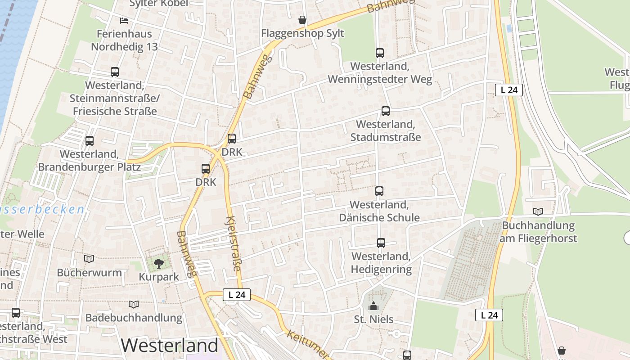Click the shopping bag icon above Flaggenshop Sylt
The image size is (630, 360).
click(x=302, y=20)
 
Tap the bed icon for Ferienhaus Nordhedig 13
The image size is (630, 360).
click(x=124, y=20)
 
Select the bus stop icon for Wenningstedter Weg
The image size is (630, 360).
click(x=379, y=53)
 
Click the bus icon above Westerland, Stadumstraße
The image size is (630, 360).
click(x=385, y=111)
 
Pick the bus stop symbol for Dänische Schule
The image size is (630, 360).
click(x=379, y=191)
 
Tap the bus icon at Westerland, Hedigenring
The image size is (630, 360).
click(x=381, y=243)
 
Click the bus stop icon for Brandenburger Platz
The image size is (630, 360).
click(x=90, y=141)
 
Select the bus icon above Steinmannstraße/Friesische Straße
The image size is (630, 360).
click(x=115, y=72)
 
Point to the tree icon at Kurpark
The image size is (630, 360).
click(x=158, y=263)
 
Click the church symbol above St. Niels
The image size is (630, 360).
click(x=373, y=306)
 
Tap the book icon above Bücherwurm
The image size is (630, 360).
click(x=89, y=259)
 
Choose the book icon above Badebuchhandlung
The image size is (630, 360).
click(x=134, y=304)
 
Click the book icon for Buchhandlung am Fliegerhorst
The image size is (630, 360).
click(x=538, y=211)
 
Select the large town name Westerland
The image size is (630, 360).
click(x=169, y=346)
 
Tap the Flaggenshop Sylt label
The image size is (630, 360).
click(x=302, y=33)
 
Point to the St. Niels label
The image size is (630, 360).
click(x=373, y=319)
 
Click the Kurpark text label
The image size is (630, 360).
click(x=159, y=277)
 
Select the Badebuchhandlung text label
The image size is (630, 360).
click(x=134, y=318)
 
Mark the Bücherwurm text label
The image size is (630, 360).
click(x=89, y=273)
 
